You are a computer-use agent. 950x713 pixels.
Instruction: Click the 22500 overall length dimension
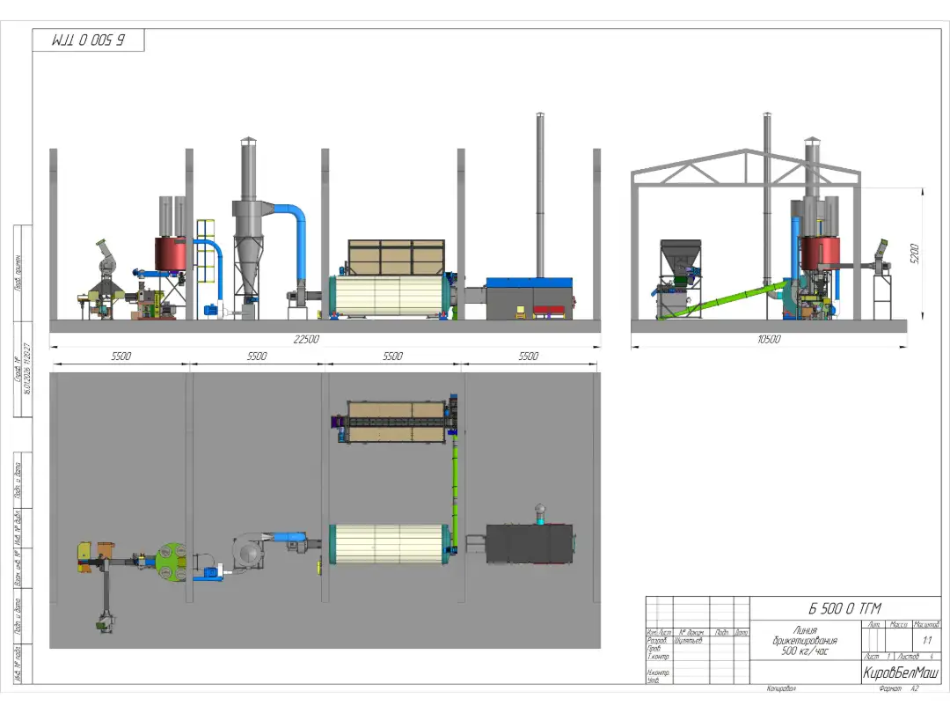(305, 340)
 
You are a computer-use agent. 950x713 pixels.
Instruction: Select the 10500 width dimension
(769, 340)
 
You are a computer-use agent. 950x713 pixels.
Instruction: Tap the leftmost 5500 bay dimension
(121, 356)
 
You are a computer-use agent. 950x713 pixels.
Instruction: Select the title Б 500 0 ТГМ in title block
(844, 608)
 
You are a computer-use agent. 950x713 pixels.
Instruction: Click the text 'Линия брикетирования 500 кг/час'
(806, 641)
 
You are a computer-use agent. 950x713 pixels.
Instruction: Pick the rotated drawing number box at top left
(88, 40)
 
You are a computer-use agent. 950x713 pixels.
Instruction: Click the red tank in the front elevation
(171, 254)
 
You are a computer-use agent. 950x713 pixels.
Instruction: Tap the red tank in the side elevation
(817, 251)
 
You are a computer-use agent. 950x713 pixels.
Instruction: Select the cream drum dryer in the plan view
(390, 544)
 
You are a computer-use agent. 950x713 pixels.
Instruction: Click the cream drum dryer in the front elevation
(390, 296)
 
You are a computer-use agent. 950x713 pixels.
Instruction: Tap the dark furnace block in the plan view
(530, 543)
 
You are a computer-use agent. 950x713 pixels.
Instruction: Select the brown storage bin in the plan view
(393, 422)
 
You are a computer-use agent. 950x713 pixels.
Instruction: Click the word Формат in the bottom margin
(880, 688)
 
